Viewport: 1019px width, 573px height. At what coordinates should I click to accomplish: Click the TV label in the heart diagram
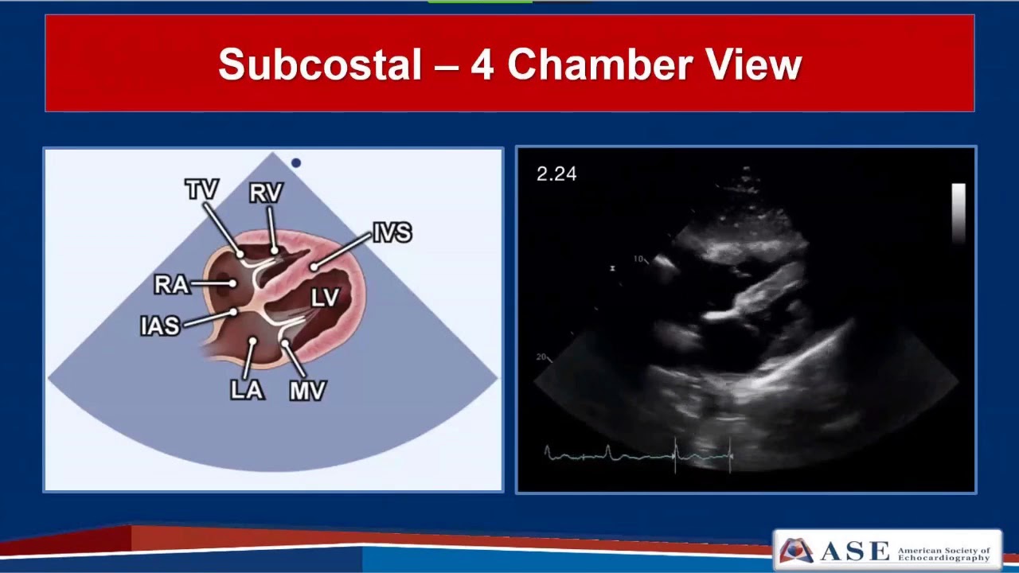(201, 190)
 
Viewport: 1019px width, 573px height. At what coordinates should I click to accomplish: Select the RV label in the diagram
(266, 193)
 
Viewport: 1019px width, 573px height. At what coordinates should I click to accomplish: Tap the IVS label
(392, 232)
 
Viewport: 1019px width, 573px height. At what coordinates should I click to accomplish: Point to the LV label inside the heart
(325, 298)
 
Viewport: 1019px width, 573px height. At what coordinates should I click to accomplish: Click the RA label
(171, 284)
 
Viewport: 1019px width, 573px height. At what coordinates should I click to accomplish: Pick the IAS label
(160, 325)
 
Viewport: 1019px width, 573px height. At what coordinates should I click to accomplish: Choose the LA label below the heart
(247, 390)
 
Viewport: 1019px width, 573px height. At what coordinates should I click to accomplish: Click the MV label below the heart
(307, 391)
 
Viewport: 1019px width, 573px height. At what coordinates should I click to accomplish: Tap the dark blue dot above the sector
(296, 163)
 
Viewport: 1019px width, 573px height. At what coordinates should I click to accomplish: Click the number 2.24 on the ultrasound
(556, 174)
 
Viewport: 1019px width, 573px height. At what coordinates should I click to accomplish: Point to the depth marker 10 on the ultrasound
(638, 259)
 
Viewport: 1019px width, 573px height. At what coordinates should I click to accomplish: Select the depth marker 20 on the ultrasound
(541, 357)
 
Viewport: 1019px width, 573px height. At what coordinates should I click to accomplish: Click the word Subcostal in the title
(319, 64)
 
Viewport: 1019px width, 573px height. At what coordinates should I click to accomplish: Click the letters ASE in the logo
(853, 551)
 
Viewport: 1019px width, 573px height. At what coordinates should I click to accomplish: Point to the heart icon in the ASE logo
(796, 550)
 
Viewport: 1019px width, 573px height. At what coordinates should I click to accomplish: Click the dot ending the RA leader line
(232, 283)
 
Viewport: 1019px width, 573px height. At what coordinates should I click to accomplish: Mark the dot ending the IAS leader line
(233, 312)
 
